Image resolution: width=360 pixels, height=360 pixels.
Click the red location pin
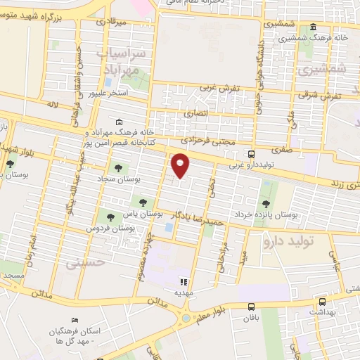pyautogui.click(x=181, y=166)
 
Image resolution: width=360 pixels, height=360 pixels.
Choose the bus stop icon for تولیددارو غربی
pyautogui.click(x=252, y=154)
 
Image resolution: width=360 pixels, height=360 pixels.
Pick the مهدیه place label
pyautogui.click(x=184, y=291)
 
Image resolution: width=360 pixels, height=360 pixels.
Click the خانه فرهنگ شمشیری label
pyautogui.click(x=320, y=37)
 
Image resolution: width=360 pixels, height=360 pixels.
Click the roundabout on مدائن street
pyautogui.click(x=186, y=317)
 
